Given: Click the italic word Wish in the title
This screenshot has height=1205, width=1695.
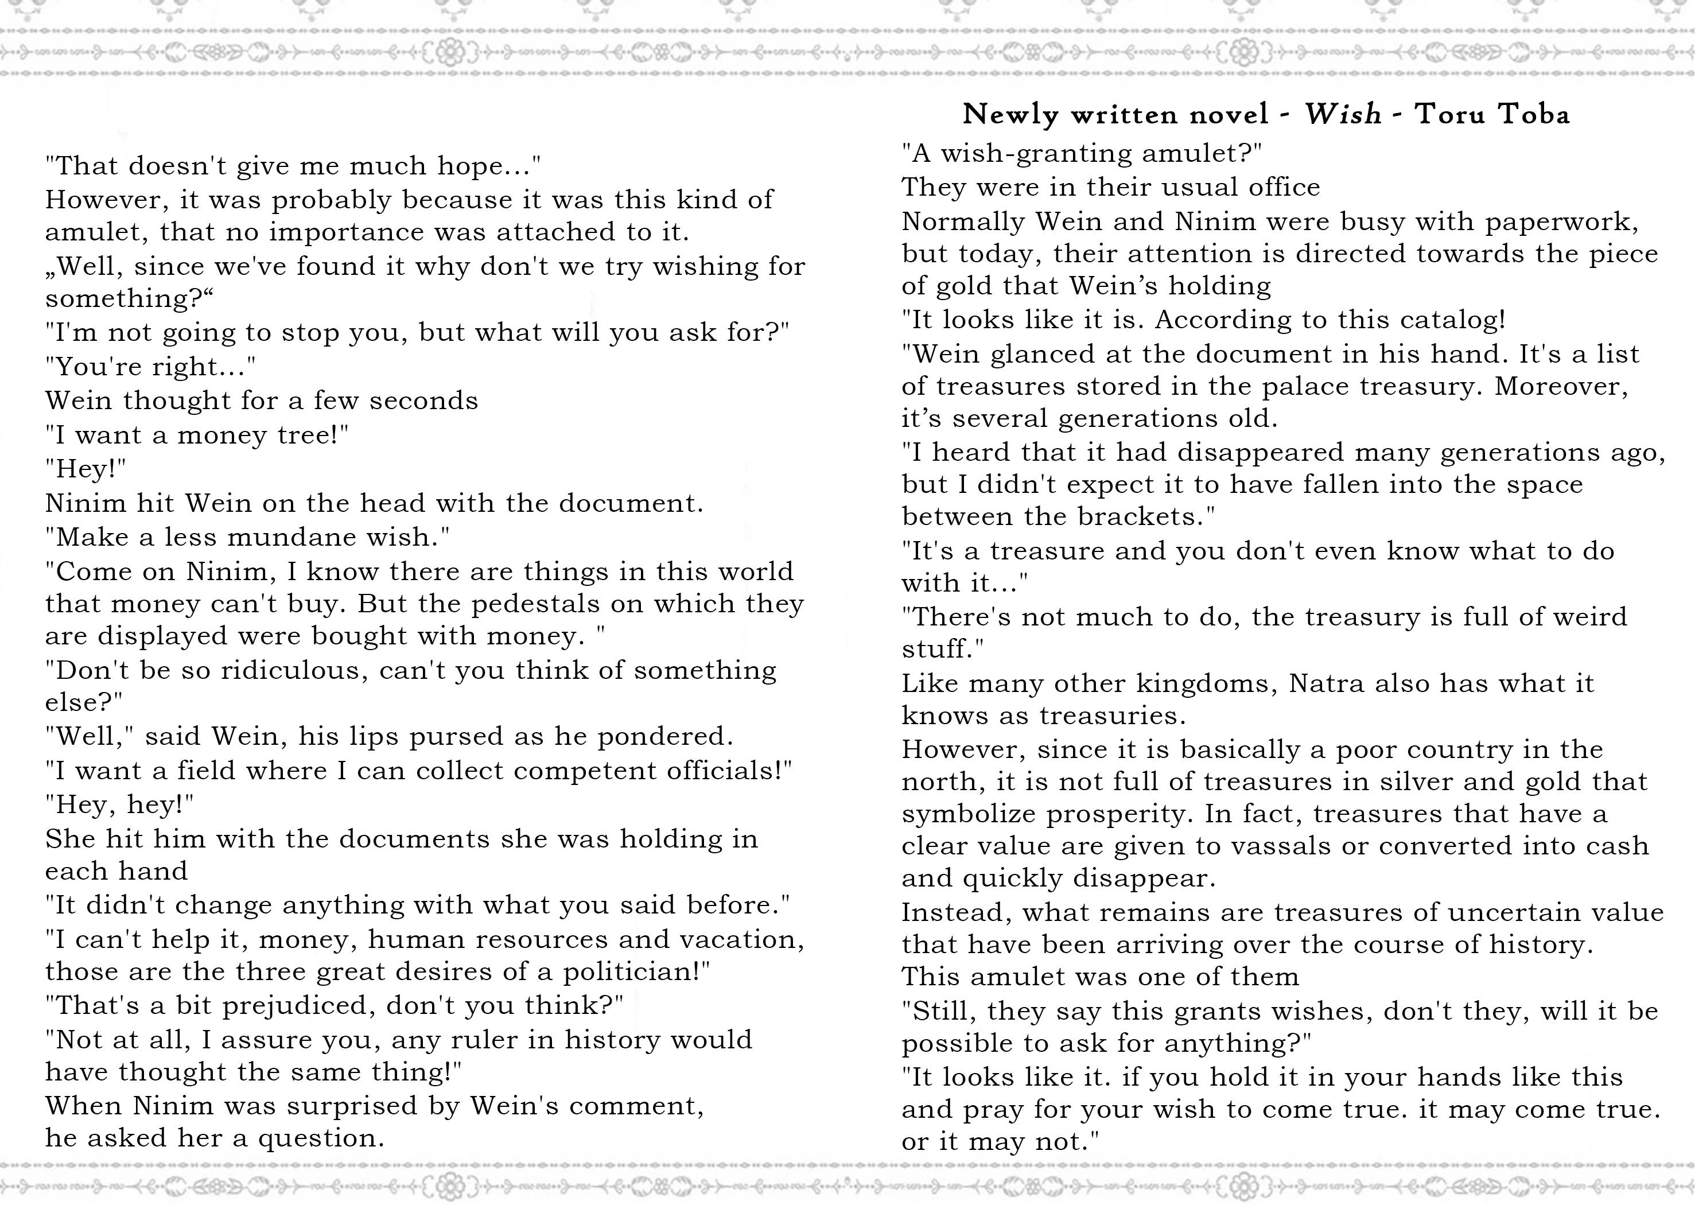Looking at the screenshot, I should click(x=1343, y=114).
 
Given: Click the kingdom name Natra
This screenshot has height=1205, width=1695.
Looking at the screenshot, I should click(x=1327, y=683).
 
